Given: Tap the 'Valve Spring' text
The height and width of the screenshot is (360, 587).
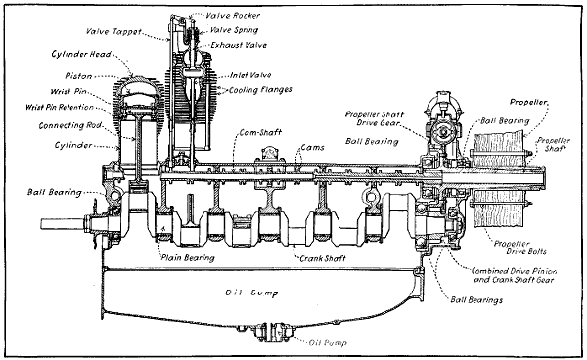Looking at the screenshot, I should click(238, 29).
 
